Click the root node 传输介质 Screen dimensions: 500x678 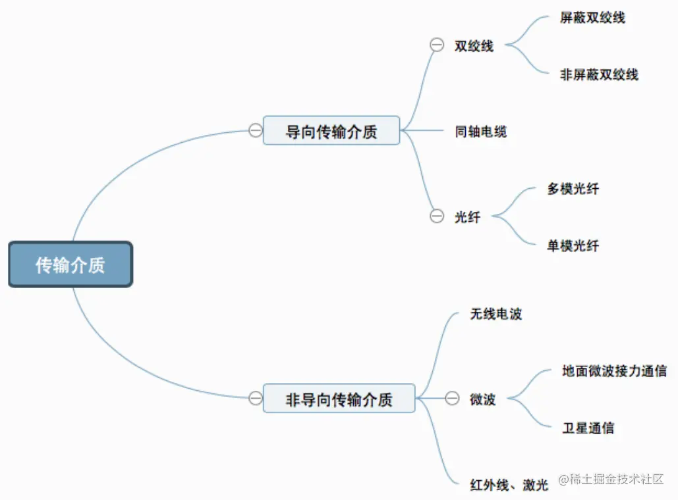71,264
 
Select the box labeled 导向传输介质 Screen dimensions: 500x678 331,130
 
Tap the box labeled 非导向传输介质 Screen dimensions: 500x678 339,398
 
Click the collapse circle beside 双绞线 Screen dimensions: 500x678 436,45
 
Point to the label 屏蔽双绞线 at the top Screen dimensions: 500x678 592,18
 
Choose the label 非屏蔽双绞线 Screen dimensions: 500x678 599,74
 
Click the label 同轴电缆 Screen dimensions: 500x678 481,132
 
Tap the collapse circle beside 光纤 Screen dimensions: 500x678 436,216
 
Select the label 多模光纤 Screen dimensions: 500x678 573,189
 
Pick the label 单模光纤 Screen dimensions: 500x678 573,246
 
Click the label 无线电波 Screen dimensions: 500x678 495,314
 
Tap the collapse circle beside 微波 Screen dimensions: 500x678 452,398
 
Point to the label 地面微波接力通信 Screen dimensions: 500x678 614,370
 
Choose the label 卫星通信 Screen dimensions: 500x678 588,428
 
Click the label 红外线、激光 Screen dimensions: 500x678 509,485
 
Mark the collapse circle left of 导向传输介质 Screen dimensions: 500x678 255,130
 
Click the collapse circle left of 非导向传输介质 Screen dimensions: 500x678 255,398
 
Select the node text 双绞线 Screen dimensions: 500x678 474,46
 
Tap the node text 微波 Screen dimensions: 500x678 482,399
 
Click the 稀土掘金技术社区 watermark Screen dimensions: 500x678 610,479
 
